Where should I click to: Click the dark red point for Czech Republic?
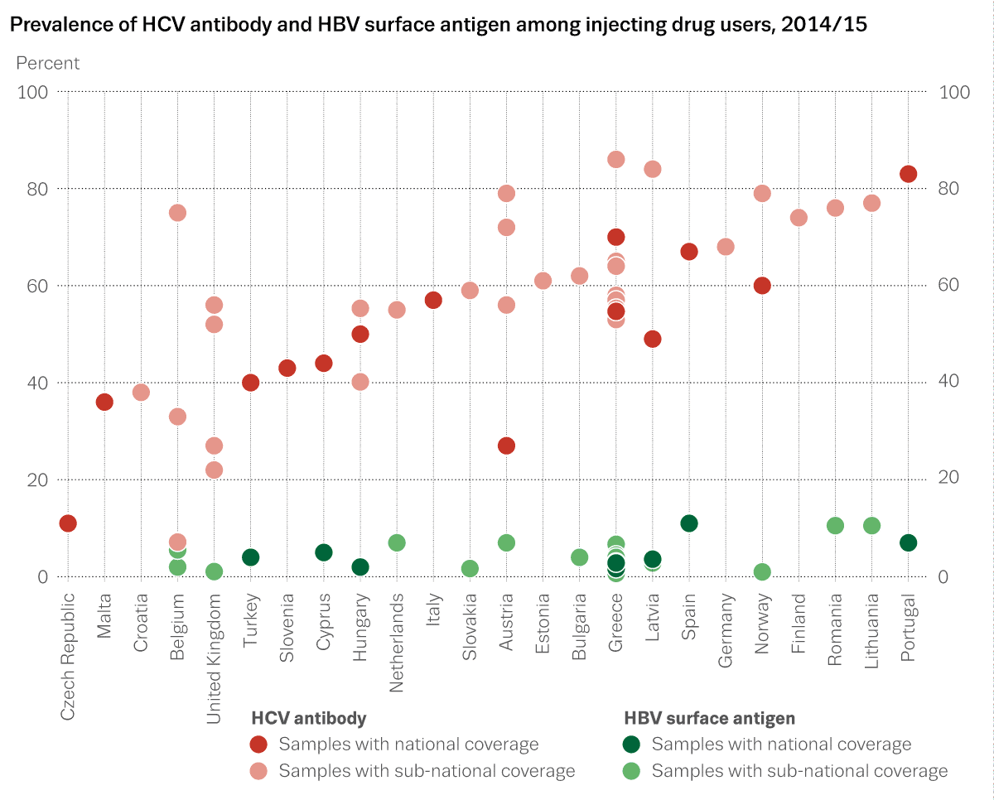(x=68, y=523)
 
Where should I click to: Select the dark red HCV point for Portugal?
(x=908, y=174)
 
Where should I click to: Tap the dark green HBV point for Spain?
(x=689, y=523)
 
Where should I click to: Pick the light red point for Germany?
(x=726, y=247)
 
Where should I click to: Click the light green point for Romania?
(x=835, y=526)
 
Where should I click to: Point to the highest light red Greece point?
(x=615, y=159)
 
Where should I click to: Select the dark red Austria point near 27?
(x=506, y=446)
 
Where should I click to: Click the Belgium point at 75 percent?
(x=177, y=213)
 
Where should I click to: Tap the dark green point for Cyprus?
(x=324, y=552)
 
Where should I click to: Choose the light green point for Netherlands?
(x=397, y=542)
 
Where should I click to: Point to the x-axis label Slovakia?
(x=470, y=621)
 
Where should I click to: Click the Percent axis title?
(x=48, y=63)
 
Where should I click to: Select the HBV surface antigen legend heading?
(x=708, y=718)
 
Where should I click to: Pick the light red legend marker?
(x=259, y=771)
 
